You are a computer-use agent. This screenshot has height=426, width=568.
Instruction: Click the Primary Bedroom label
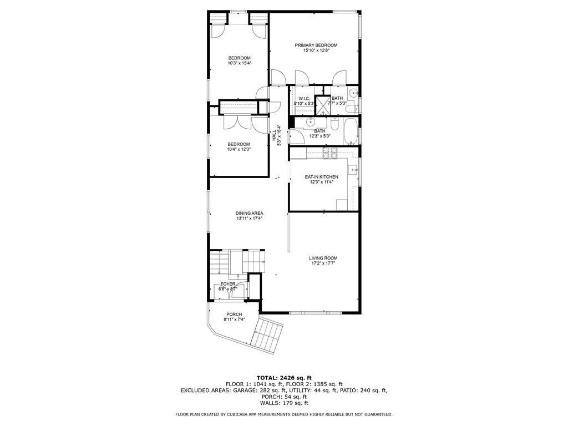pos(316,45)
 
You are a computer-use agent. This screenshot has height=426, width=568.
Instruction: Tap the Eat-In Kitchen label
pos(321,177)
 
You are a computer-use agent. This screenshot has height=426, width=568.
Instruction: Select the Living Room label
pos(323,258)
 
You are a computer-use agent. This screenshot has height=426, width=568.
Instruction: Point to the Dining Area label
pos(249,214)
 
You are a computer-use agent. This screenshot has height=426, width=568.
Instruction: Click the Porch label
pos(234,314)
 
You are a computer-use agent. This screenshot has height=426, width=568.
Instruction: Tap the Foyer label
pos(228,284)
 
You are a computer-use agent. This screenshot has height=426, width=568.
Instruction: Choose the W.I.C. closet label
pos(305,99)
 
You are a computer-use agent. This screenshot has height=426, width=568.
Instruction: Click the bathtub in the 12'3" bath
pos(350,131)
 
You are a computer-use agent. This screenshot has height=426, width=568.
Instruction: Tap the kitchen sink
pos(353,169)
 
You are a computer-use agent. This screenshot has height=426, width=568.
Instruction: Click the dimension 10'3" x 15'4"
pos(240,63)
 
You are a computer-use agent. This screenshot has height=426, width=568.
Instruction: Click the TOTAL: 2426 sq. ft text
pos(284,378)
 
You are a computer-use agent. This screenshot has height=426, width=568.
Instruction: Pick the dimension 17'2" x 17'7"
pos(323,263)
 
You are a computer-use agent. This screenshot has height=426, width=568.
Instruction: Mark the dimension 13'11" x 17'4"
pos(249,219)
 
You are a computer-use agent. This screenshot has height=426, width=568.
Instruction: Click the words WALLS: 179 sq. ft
pos(284,403)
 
